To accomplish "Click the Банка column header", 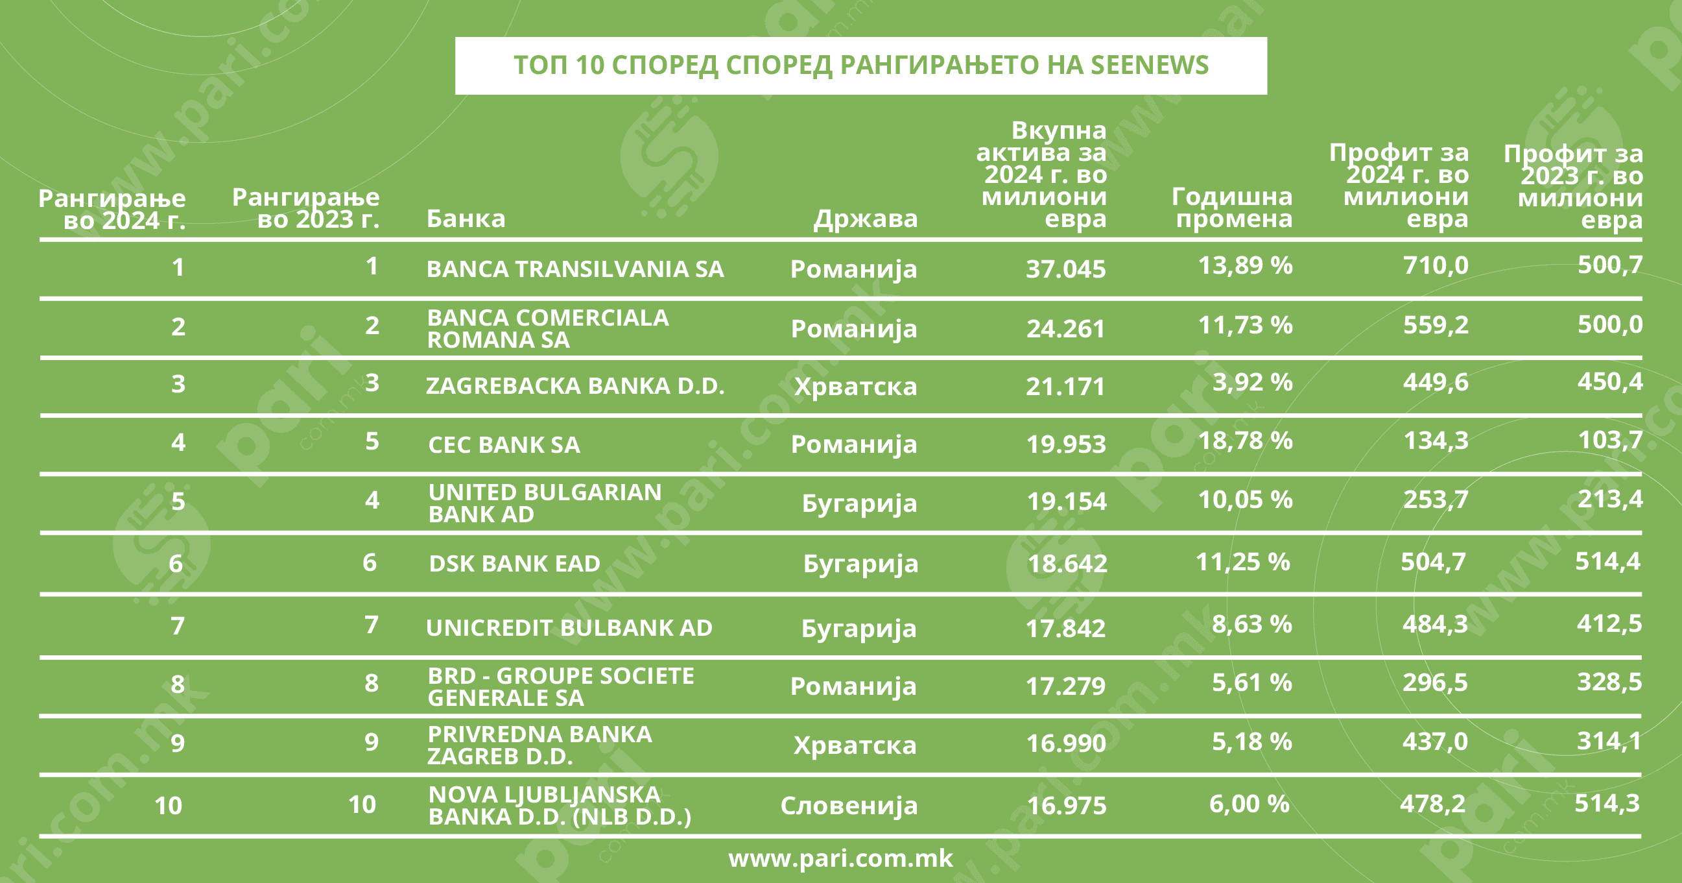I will (x=466, y=219).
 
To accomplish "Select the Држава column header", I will (x=865, y=219).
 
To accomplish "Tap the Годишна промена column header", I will (x=1232, y=208).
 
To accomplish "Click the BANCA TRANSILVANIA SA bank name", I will (x=574, y=269).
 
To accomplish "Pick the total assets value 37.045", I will (x=1065, y=269).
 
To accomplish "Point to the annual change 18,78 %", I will (x=1245, y=441).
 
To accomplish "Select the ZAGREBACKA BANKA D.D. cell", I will (x=574, y=386).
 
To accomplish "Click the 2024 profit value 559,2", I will (x=1435, y=324).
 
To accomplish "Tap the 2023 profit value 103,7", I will (x=1609, y=440).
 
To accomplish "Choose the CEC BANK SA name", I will (x=503, y=445).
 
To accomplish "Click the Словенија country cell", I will (x=849, y=806).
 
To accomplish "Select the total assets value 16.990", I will (x=1065, y=744).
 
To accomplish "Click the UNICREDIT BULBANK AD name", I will (x=569, y=627).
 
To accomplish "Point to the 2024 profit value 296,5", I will (x=1434, y=683).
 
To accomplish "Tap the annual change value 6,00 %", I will (x=1249, y=804).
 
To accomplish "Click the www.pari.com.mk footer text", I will (x=840, y=858).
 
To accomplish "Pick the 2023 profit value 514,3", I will (x=1607, y=803).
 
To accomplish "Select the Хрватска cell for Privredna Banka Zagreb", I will (x=855, y=745).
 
